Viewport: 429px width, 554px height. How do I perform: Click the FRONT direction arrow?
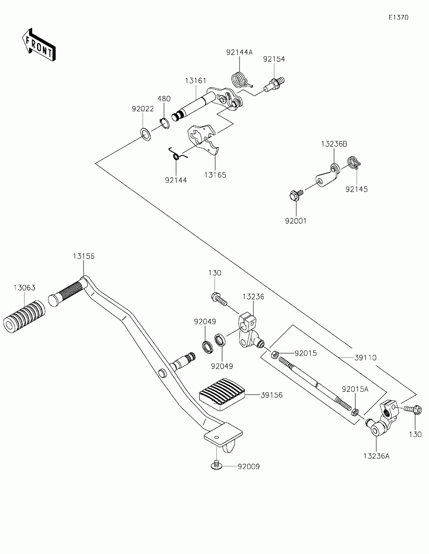[39, 45]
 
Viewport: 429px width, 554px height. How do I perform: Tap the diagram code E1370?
[399, 17]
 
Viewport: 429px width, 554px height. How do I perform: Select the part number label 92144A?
[240, 52]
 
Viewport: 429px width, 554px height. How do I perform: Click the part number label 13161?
[196, 81]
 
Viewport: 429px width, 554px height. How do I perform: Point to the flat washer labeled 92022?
[146, 134]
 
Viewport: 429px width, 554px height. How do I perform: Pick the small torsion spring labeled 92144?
[177, 154]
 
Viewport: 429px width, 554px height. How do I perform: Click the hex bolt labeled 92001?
[296, 195]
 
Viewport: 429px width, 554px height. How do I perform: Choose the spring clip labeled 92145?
[354, 162]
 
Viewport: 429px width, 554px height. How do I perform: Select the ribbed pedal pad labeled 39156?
[222, 394]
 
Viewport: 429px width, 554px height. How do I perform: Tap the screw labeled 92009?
[216, 465]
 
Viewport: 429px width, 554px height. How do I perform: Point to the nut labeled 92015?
[274, 354]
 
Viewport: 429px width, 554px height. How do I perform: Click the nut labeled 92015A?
[355, 411]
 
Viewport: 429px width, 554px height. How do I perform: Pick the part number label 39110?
[366, 358]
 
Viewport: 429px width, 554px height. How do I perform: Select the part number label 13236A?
[376, 456]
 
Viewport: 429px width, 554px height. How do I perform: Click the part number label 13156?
[84, 256]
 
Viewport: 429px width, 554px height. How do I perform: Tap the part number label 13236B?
[334, 144]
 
